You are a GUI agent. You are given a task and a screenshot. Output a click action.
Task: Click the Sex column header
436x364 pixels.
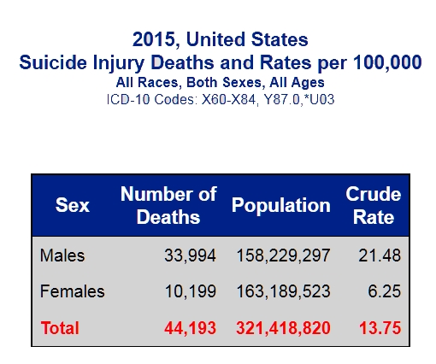coord(73,205)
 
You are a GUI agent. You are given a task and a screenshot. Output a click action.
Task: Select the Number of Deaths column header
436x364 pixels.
coord(168,206)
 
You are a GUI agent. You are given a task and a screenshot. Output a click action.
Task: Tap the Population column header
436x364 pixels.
coord(281,206)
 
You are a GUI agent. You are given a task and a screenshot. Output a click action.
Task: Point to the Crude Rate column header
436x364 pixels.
coord(374,206)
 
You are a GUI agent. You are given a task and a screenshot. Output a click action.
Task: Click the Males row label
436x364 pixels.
coord(62,255)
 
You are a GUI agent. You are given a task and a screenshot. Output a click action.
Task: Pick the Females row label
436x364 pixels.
coord(73,291)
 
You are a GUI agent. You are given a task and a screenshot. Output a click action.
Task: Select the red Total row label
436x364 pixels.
coord(60,328)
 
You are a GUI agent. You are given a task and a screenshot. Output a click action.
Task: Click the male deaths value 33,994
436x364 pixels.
coord(190,255)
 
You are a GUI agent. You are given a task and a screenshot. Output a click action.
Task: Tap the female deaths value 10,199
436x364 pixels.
coord(191,291)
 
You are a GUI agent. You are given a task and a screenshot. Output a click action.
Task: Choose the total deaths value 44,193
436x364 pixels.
coord(190,328)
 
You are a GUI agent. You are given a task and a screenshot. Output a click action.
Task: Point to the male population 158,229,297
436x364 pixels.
coord(284,255)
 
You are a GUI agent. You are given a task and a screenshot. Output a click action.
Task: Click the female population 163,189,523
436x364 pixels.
coord(284,291)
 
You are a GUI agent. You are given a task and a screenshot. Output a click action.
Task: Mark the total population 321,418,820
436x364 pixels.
coord(283,328)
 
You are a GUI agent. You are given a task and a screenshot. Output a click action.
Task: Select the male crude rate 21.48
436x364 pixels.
coord(380,255)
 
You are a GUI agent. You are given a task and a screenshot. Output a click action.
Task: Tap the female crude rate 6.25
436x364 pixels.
coord(385,291)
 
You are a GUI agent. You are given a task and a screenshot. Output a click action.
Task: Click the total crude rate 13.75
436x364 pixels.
coord(380,328)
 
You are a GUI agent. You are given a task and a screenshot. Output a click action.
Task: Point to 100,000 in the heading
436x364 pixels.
coord(387,62)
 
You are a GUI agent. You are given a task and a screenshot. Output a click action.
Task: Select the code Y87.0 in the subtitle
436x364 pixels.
coord(283,100)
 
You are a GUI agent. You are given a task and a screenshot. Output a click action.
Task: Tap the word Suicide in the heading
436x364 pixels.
coord(53,62)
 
